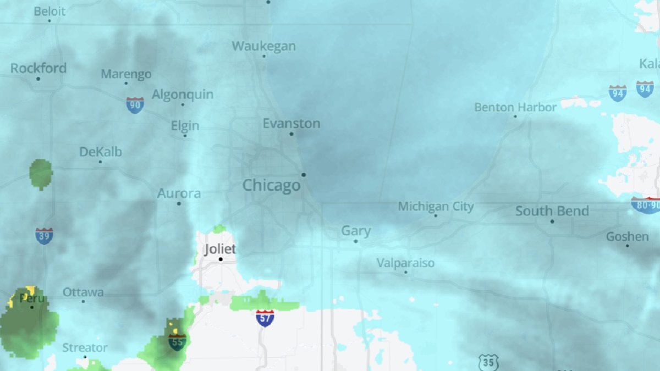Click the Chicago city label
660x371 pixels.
click(x=272, y=186)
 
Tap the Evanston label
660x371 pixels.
click(x=291, y=124)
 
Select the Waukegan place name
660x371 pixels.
click(x=263, y=46)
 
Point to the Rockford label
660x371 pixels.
click(x=38, y=69)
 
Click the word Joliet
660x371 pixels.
click(x=220, y=249)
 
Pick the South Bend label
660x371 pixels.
click(x=552, y=211)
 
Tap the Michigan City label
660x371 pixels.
click(x=436, y=207)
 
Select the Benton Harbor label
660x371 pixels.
click(x=515, y=107)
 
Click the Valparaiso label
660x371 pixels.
click(x=405, y=263)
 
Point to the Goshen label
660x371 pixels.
click(x=627, y=237)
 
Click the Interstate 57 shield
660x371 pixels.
click(x=265, y=318)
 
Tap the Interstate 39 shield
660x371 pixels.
click(x=44, y=236)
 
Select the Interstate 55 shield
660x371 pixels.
click(x=177, y=342)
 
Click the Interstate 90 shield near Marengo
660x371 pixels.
click(x=135, y=105)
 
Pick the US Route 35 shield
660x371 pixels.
click(x=488, y=363)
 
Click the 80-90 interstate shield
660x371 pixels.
click(x=645, y=205)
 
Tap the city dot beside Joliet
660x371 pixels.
click(x=221, y=259)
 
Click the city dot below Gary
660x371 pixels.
click(x=355, y=241)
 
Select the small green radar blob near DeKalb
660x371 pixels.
click(x=41, y=174)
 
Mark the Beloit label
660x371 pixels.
click(x=50, y=11)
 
